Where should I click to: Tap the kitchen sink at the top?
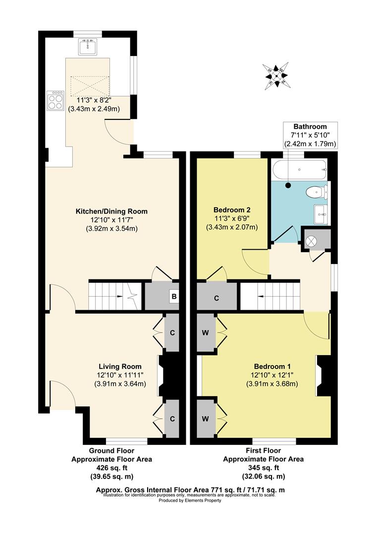[89, 47]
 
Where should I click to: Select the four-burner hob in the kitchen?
[54, 101]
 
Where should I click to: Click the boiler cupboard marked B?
[173, 297]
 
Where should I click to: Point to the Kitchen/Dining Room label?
[111, 212]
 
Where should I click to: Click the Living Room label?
[120, 367]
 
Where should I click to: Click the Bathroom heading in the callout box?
[310, 127]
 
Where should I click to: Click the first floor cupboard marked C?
[217, 298]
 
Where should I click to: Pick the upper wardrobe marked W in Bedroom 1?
[205, 332]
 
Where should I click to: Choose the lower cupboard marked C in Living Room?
[172, 419]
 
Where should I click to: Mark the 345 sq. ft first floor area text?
[263, 467]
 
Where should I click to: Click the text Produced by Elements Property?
[190, 500]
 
